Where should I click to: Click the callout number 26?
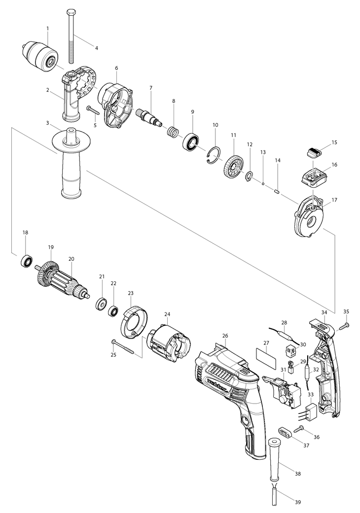(225, 336)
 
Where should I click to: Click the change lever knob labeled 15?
(313, 151)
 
